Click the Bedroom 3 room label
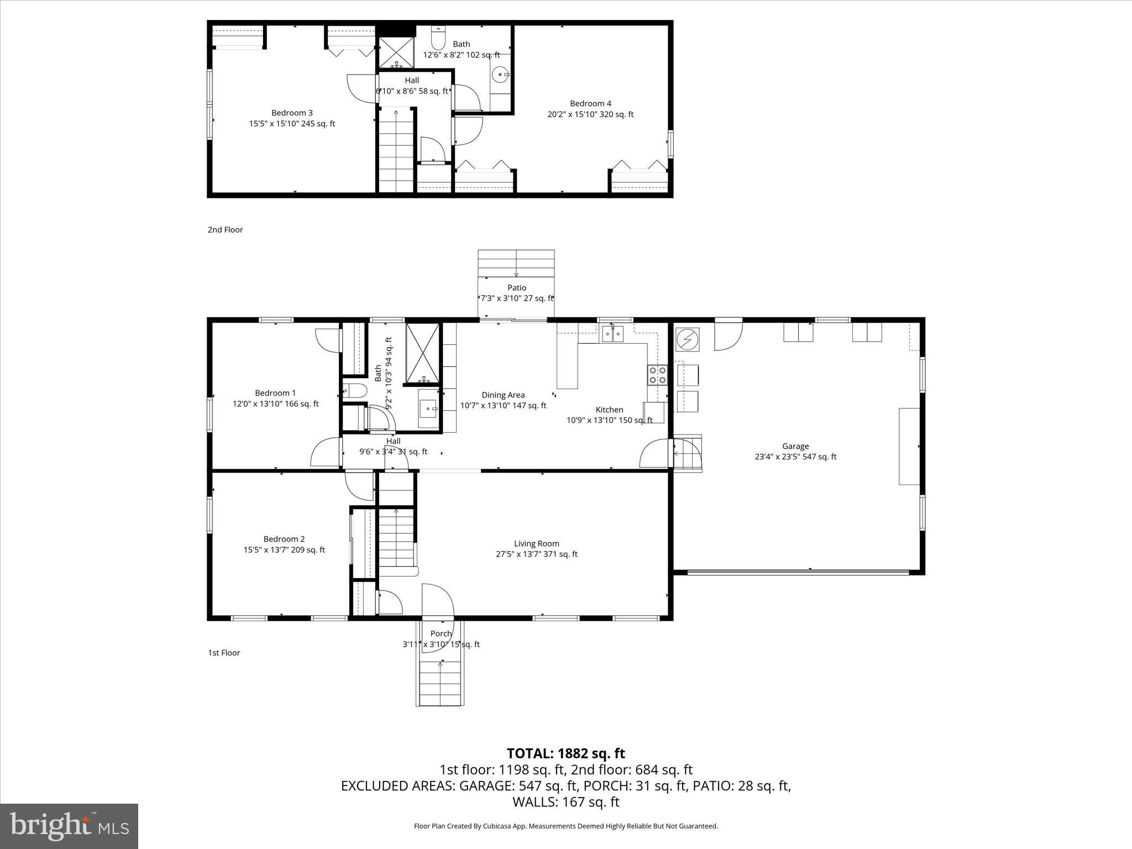click(x=292, y=113)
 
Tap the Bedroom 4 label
click(x=590, y=103)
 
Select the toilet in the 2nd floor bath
click(x=438, y=38)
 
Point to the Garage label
click(x=795, y=446)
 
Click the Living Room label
click(x=536, y=543)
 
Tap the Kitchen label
click(x=609, y=410)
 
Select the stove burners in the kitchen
click(x=657, y=375)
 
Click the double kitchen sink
click(x=612, y=334)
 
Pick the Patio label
click(x=517, y=287)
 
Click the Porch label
click(x=441, y=633)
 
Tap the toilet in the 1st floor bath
click(x=354, y=391)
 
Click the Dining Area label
click(x=503, y=395)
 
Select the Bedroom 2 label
click(x=284, y=539)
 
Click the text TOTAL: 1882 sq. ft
click(x=565, y=753)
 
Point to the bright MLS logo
click(x=69, y=826)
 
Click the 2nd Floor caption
click(x=225, y=229)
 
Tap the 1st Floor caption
click(x=224, y=653)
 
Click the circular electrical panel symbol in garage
click(x=688, y=339)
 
